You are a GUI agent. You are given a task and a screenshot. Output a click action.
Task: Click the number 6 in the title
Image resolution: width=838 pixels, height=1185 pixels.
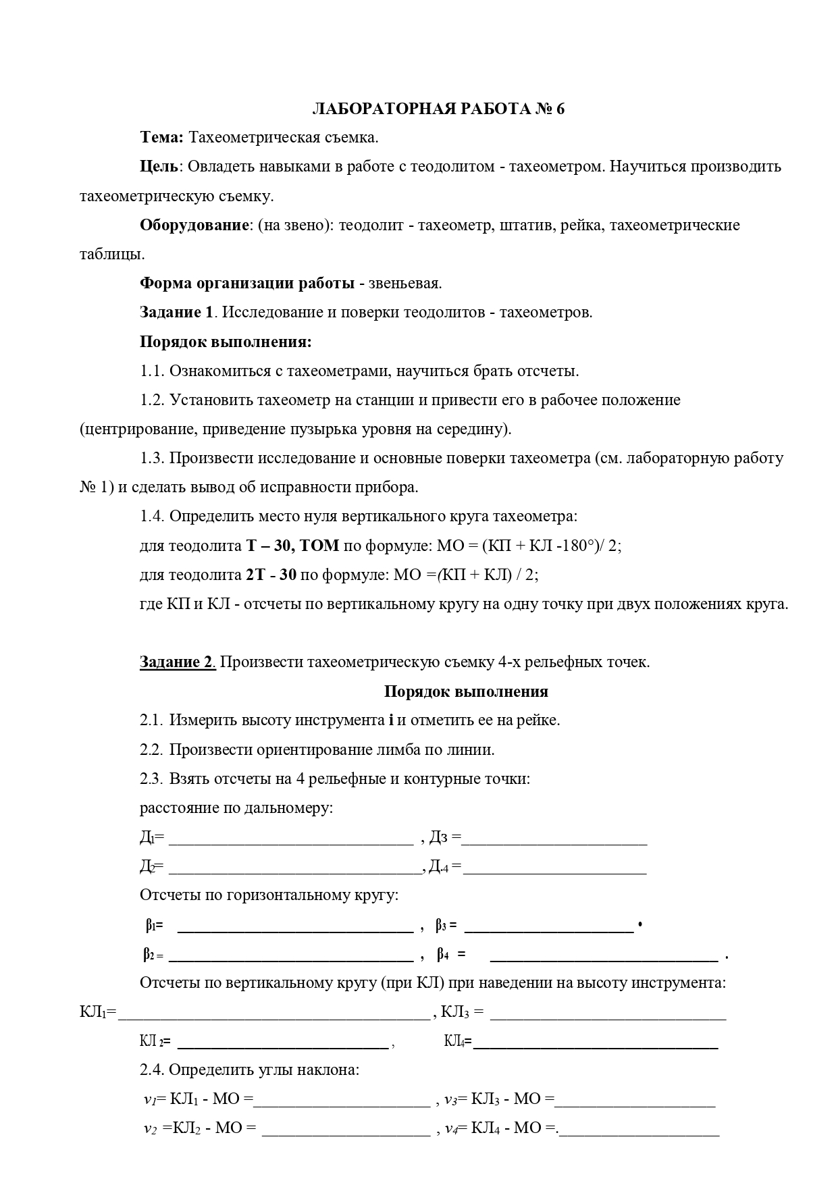click(560, 109)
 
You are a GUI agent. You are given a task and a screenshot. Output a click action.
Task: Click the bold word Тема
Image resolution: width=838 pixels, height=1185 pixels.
click(161, 137)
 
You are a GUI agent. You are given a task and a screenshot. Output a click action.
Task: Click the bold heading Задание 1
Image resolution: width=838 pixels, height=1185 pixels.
click(176, 313)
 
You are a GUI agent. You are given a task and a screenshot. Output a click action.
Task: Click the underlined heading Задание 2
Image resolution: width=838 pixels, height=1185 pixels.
click(177, 662)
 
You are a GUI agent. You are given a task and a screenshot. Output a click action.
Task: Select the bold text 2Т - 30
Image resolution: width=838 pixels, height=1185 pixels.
click(271, 575)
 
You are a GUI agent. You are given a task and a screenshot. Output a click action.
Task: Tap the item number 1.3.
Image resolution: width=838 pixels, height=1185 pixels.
click(152, 458)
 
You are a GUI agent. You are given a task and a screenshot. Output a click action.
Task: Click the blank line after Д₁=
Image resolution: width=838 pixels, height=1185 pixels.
click(290, 841)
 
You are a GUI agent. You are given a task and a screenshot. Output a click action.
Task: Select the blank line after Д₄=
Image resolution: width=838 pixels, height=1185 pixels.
click(554, 870)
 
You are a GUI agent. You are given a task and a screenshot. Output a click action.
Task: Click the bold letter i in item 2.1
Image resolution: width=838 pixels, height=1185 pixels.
click(392, 720)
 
